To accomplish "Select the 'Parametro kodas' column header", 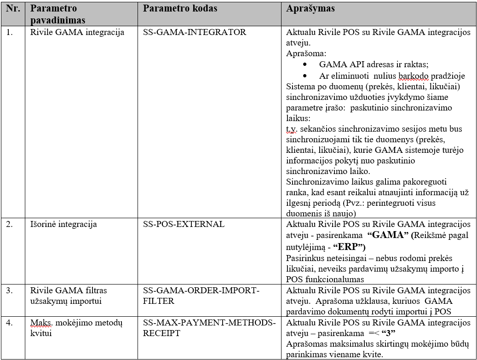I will click(180, 9).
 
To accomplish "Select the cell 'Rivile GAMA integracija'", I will click(77, 32).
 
